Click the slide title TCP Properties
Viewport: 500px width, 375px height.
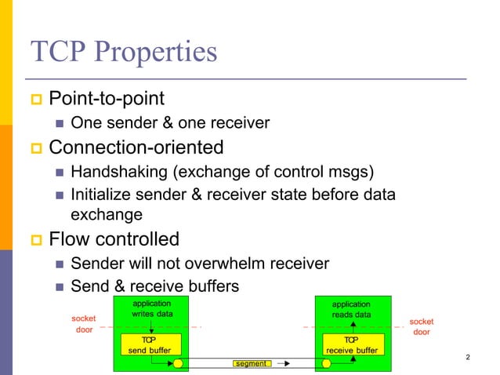pos(123,53)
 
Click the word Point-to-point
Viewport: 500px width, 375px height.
pos(107,100)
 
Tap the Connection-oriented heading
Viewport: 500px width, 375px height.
pos(136,147)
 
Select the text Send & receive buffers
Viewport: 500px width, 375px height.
pos(154,286)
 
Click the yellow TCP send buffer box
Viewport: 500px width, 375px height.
pos(150,344)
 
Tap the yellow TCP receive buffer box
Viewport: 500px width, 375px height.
pos(352,344)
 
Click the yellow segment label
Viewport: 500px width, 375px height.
pos(250,364)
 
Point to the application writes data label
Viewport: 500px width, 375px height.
pos(151,308)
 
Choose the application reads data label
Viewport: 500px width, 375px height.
pos(351,309)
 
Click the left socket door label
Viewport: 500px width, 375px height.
pos(84,324)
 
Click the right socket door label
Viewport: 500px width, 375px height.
pos(422,326)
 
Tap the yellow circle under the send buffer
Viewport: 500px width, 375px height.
pos(178,364)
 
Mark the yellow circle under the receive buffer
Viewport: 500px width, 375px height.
pos(322,364)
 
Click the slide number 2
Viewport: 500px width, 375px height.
pos(468,359)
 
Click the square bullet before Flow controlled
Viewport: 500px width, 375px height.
pos(36,239)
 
